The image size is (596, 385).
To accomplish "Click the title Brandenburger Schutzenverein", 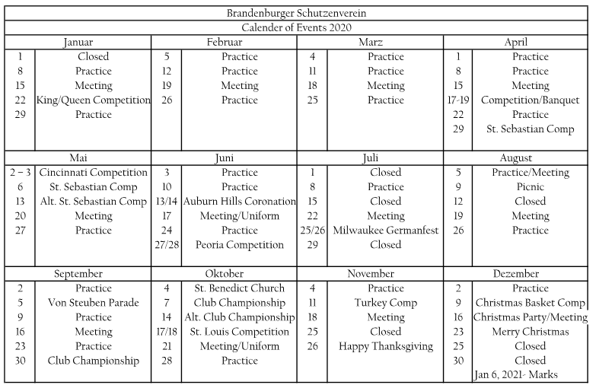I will point(298,14).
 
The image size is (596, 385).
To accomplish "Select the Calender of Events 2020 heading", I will point(298,28).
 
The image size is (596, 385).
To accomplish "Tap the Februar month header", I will point(225,43).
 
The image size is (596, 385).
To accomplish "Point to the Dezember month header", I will point(516,274).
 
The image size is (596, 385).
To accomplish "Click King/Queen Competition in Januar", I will point(94,100).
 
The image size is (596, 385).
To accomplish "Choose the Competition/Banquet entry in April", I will point(531,100).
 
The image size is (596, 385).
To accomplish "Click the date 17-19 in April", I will point(458,100).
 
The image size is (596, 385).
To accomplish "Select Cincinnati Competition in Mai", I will point(94,173).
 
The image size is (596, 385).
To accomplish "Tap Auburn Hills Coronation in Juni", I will point(240,202).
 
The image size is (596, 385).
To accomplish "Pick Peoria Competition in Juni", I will point(240,245).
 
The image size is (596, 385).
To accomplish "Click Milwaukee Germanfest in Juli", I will point(386,231).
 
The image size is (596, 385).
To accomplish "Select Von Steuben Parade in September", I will point(94,303).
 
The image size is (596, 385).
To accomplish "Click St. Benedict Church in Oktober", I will point(240,288).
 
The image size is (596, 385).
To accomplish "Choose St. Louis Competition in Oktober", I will point(240,332).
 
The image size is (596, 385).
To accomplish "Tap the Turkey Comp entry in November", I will point(386,303).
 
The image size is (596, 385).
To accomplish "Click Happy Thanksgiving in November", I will point(386,346).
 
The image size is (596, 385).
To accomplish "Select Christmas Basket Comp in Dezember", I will point(531,303).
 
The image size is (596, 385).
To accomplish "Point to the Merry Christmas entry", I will point(531,332).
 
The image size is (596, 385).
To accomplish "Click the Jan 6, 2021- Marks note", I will point(516,374).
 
